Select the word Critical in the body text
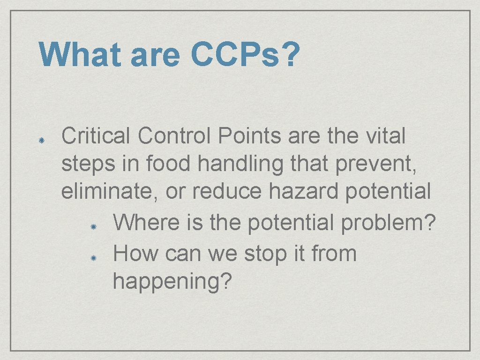click(x=96, y=136)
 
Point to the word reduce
click(x=224, y=192)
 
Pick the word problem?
click(x=389, y=224)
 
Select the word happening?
click(x=172, y=282)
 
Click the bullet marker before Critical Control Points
click(x=41, y=140)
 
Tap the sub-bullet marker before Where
click(x=93, y=226)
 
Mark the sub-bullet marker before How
click(x=93, y=258)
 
